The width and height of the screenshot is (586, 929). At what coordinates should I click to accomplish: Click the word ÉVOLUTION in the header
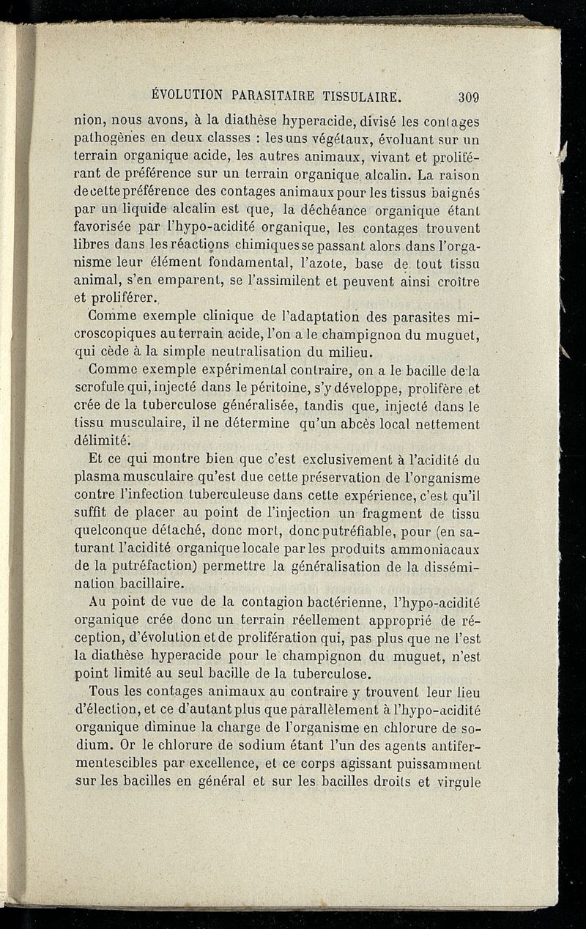coord(185,95)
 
